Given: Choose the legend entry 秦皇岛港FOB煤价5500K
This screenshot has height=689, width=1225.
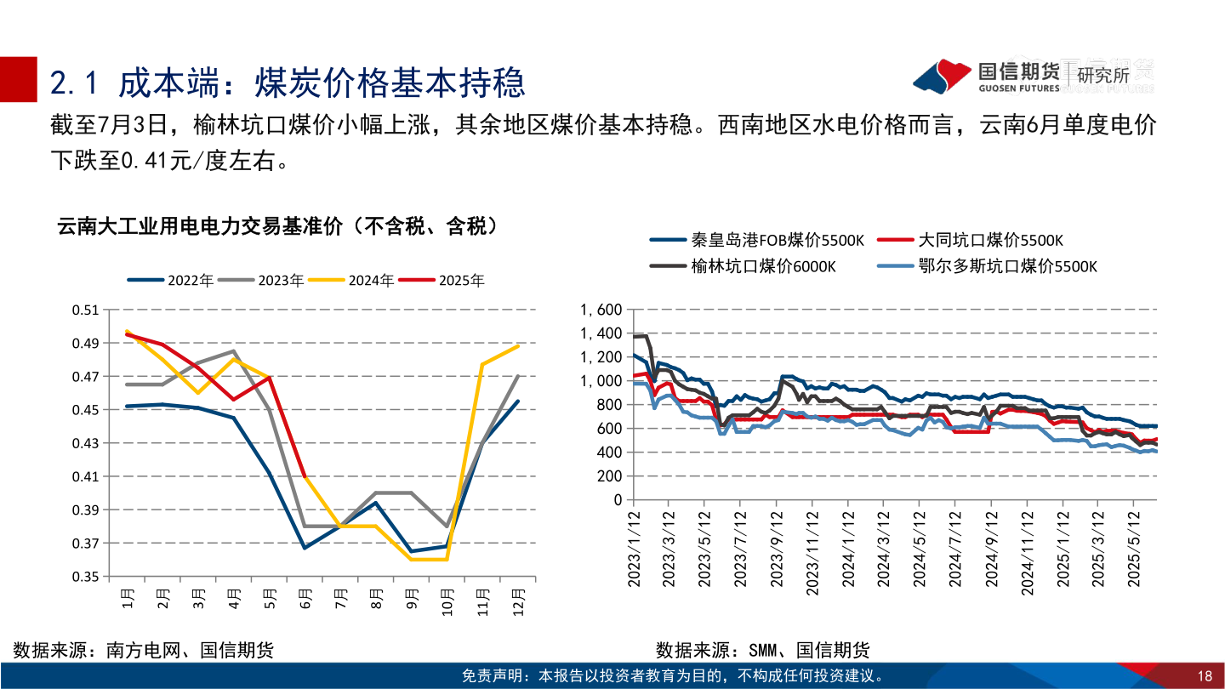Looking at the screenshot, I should tap(757, 241).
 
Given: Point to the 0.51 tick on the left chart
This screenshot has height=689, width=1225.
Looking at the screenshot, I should tap(86, 310).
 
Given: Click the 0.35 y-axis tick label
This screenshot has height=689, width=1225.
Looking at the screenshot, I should tap(86, 577).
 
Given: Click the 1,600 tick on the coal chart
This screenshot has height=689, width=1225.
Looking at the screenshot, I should tap(601, 310).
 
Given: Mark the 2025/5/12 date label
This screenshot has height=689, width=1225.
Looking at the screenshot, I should tap(1135, 549).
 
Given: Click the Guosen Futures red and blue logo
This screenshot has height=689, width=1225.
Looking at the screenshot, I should tap(942, 76).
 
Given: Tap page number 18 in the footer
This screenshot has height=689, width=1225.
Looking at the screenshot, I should tap(1204, 676).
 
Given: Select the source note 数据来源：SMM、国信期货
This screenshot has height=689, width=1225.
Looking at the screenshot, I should tap(763, 651).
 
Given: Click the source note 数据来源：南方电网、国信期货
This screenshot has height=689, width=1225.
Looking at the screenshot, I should tap(144, 651).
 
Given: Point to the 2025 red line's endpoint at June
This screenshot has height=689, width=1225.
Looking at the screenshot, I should tap(305, 476).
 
